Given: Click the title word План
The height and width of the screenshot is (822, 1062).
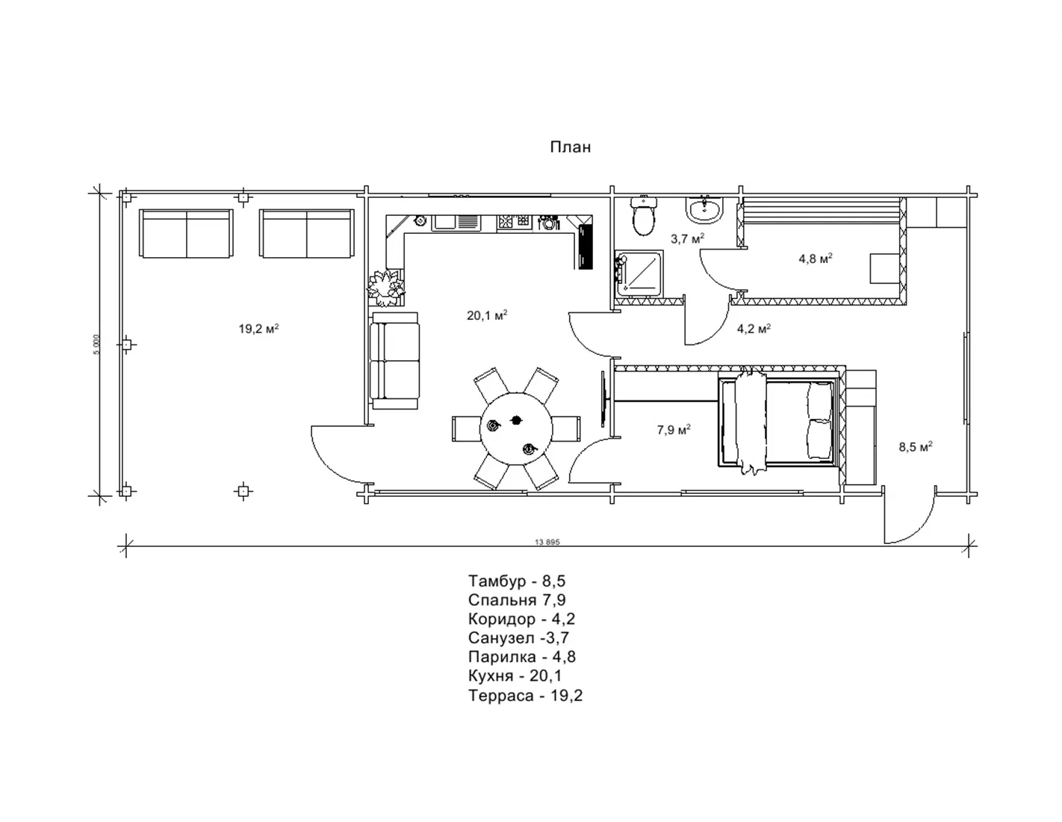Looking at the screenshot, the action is click(x=570, y=147).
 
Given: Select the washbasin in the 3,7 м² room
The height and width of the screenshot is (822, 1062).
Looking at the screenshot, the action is click(x=704, y=209).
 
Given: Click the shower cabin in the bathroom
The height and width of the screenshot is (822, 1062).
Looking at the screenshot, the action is click(x=639, y=273).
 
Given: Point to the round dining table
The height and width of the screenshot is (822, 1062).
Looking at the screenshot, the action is click(x=516, y=429).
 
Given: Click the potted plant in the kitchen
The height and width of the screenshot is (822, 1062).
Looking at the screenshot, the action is click(x=386, y=288).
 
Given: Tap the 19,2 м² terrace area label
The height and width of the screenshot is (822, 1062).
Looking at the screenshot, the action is click(x=258, y=329).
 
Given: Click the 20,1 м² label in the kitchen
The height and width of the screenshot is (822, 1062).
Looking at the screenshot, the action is click(x=487, y=315).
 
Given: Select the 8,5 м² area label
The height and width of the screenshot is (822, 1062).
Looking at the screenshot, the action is click(x=916, y=447).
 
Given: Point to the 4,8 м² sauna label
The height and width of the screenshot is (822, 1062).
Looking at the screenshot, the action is click(x=816, y=259).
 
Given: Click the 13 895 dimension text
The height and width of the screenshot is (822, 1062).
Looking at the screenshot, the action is click(x=547, y=542).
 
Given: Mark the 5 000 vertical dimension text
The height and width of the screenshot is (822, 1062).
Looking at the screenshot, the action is click(x=96, y=344).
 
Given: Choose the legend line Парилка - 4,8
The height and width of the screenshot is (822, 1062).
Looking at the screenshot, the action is click(x=522, y=657).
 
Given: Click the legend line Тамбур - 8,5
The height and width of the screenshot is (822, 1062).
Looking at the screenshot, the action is click(x=517, y=581).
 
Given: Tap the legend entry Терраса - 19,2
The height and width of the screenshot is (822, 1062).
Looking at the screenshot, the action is click(x=525, y=695).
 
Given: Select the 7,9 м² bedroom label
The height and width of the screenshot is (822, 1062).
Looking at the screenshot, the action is click(x=674, y=430).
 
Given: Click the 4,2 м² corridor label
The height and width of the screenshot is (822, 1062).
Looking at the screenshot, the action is click(x=754, y=329).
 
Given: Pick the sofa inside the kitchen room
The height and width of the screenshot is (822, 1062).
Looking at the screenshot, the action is click(x=394, y=361).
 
